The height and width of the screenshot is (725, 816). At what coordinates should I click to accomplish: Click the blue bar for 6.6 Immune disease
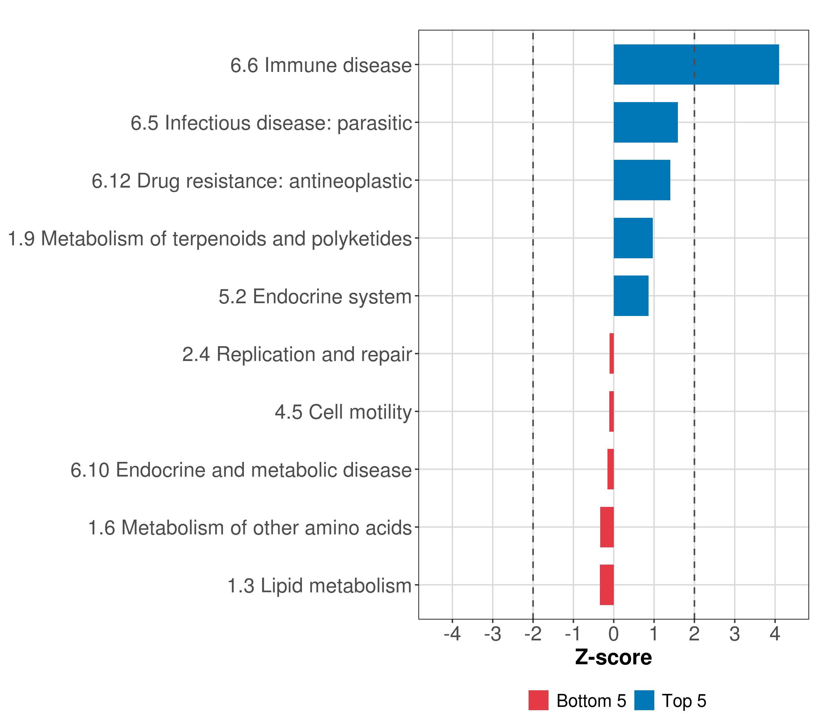pyautogui.click(x=696, y=65)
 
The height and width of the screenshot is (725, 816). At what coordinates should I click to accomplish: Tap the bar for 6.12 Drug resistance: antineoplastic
pyautogui.click(x=642, y=180)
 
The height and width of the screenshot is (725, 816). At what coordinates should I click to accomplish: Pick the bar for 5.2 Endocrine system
pyautogui.click(x=631, y=296)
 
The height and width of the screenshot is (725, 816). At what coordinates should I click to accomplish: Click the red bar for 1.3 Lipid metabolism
pyautogui.click(x=607, y=585)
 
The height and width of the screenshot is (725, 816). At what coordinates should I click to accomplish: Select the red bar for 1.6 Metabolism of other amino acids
pyautogui.click(x=607, y=527)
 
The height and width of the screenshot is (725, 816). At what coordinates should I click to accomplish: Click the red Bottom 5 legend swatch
pyautogui.click(x=538, y=700)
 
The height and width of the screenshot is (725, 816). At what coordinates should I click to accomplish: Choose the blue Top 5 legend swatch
pyautogui.click(x=644, y=700)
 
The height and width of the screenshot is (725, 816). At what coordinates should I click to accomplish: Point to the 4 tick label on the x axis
pyautogui.click(x=775, y=634)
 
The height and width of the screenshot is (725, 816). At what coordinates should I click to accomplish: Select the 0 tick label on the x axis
pyautogui.click(x=614, y=634)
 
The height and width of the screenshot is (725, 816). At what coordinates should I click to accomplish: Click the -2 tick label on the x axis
pyautogui.click(x=533, y=634)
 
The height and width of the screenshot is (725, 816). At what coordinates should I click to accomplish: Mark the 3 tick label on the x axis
pyautogui.click(x=735, y=634)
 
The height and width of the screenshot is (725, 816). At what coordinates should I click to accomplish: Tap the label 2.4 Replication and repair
pyautogui.click(x=296, y=354)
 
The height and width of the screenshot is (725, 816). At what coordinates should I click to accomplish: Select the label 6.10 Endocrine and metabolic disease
pyautogui.click(x=241, y=470)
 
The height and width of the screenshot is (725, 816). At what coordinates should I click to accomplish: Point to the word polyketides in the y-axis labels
pyautogui.click(x=361, y=239)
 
